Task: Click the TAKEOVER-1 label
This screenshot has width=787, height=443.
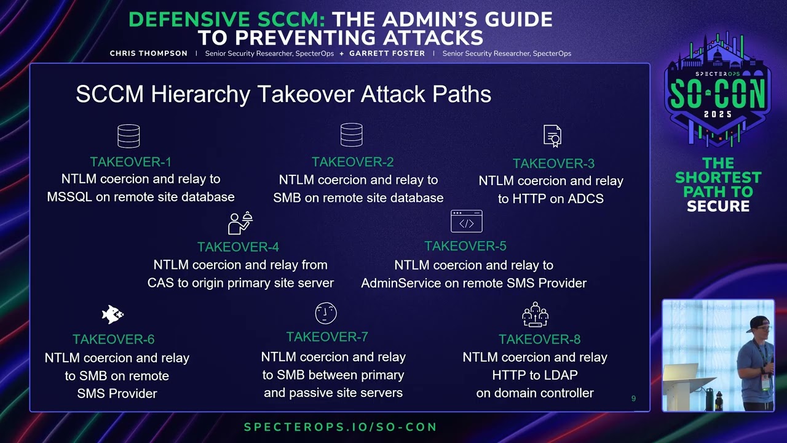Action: pyautogui.click(x=131, y=162)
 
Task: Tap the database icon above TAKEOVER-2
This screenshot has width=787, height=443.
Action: pyautogui.click(x=351, y=135)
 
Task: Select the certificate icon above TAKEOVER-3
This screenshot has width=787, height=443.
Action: pyautogui.click(x=552, y=136)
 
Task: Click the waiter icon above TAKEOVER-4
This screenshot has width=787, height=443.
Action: pyautogui.click(x=240, y=223)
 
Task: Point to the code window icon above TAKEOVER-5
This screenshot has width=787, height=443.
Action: pyautogui.click(x=467, y=221)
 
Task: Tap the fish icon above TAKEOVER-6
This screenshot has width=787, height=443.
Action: pyautogui.click(x=113, y=314)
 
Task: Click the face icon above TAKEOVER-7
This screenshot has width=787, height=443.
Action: pyautogui.click(x=326, y=313)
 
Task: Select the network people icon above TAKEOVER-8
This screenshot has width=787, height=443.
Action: pyautogui.click(x=535, y=314)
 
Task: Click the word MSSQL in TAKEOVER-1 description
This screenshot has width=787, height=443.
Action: pyautogui.click(x=69, y=197)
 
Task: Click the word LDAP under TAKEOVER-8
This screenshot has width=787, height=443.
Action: pyautogui.click(x=560, y=375)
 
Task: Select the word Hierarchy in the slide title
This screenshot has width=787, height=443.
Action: pyautogui.click(x=200, y=94)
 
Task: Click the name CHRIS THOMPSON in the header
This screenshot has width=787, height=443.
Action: pyautogui.click(x=149, y=54)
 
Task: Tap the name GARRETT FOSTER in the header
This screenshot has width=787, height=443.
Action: pyautogui.click(x=387, y=54)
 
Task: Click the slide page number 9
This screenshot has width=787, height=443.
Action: pyautogui.click(x=633, y=398)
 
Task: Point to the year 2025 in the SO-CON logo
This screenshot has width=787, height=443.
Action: pyautogui.click(x=718, y=114)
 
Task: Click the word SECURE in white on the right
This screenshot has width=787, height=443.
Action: pyautogui.click(x=718, y=206)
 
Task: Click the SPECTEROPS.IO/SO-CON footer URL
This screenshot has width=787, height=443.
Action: pyautogui.click(x=341, y=427)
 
